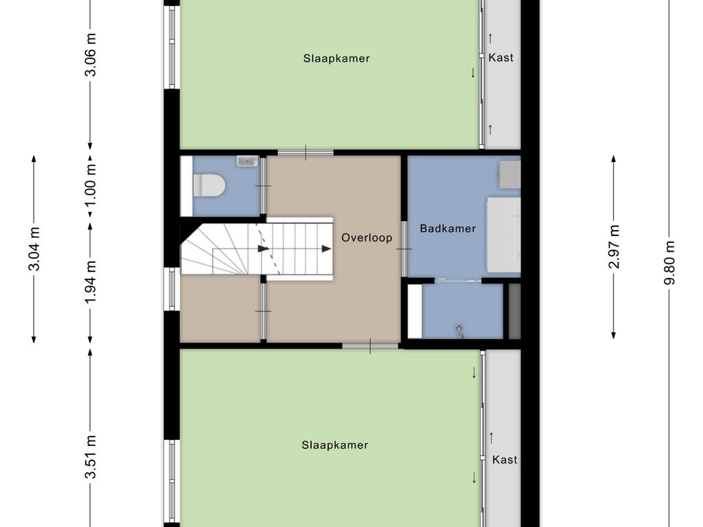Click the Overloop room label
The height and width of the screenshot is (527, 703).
click(367, 237)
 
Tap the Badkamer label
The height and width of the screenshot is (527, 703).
click(448, 229)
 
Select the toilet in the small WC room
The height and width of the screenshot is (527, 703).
click(209, 185)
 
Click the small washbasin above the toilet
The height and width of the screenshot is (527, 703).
click(247, 161)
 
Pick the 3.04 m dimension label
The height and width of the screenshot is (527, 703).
click(34, 249)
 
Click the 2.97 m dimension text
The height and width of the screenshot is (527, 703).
click(614, 247)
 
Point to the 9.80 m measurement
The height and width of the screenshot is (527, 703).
click(669, 263)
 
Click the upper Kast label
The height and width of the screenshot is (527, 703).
click(500, 58)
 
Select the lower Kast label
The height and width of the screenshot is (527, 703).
click(505, 459)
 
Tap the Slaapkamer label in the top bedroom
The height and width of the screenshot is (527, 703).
click(336, 59)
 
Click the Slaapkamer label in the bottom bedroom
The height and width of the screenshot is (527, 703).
click(335, 445)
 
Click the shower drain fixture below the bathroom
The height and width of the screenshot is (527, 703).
click(460, 331)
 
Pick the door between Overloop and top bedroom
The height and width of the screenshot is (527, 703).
click(306, 152)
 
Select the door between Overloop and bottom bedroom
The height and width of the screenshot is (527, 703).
click(370, 346)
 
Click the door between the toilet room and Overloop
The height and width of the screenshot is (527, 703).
click(263, 185)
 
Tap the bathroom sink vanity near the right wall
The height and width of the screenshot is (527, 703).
click(510, 175)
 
